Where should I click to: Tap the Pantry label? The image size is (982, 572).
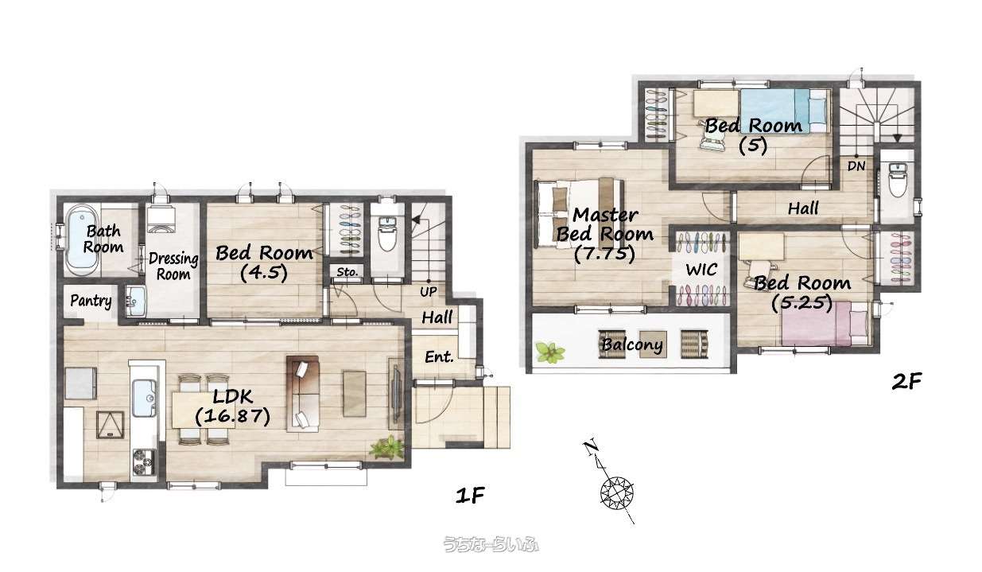[x=91, y=301]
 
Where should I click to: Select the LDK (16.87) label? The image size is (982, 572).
[x=232, y=407]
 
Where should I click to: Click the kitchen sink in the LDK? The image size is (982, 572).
[x=144, y=399]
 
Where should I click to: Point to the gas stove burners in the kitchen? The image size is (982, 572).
[x=144, y=462]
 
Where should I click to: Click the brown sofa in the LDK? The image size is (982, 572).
[x=302, y=394]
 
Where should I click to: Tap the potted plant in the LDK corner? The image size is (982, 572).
[x=386, y=448]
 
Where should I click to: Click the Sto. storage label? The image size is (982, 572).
[x=347, y=272]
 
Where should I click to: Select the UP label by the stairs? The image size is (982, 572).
[x=428, y=292]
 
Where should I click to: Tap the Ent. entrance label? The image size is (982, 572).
[x=439, y=357]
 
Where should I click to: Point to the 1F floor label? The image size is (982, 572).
[x=470, y=496]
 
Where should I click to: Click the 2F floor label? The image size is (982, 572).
[x=907, y=381]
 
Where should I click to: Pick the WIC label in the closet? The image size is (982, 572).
[x=701, y=270]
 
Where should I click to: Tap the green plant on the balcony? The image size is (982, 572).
[x=549, y=352]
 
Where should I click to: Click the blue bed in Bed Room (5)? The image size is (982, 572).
[x=785, y=111]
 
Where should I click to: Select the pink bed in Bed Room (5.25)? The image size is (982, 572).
[x=825, y=324]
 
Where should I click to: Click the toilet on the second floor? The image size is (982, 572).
[x=898, y=181]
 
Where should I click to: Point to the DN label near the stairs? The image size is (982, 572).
[x=856, y=166]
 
